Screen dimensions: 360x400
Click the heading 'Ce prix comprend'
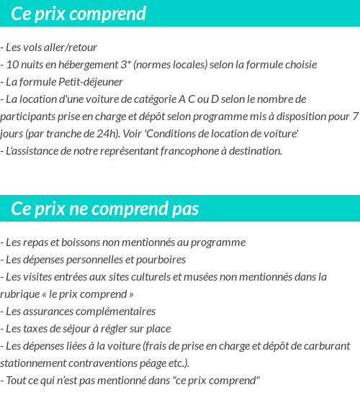coord(78,14)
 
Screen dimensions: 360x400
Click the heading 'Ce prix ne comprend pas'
coord(105,209)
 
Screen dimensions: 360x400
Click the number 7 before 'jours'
coord(355,117)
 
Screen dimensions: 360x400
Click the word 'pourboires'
coord(161,260)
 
